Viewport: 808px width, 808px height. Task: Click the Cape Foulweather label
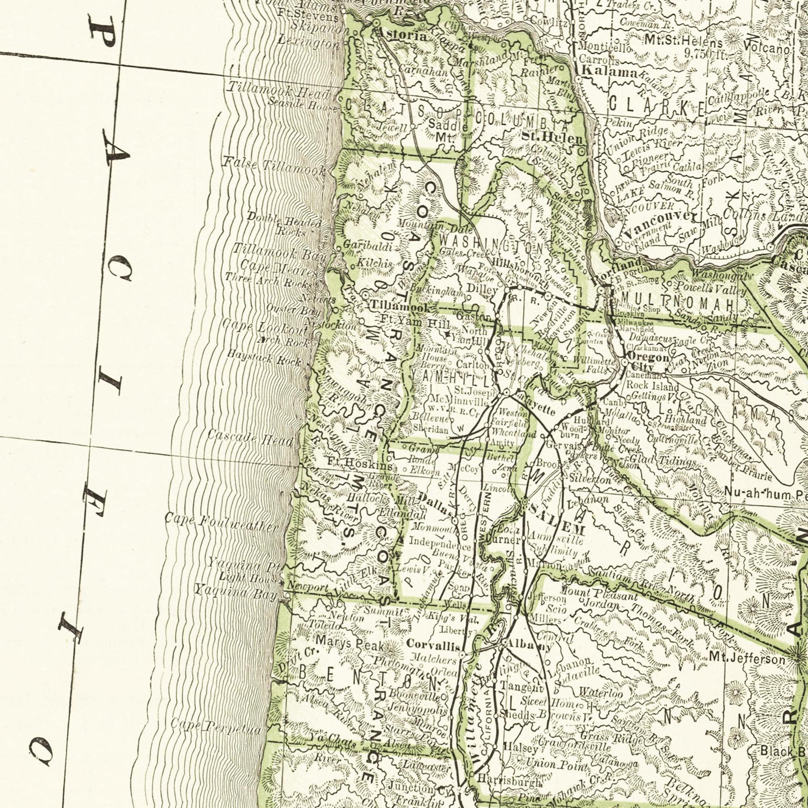pyautogui.click(x=221, y=523)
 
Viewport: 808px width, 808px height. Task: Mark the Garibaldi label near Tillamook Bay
pyautogui.click(x=368, y=247)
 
